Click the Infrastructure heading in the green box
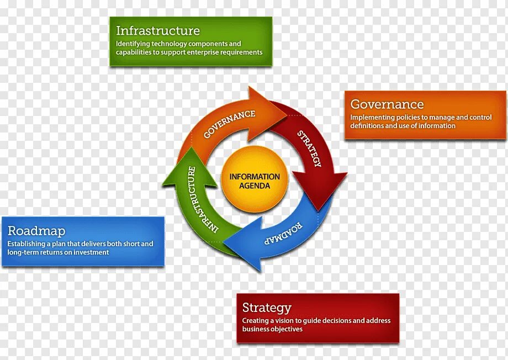pos(157,30)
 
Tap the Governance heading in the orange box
pos(387,104)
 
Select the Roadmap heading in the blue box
pos(36,231)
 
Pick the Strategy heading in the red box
pos(266,308)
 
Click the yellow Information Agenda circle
pos(255,179)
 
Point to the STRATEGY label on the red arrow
pos(309,149)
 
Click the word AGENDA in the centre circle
pos(255,186)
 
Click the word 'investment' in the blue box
pos(91,252)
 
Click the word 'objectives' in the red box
pos(287,329)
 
